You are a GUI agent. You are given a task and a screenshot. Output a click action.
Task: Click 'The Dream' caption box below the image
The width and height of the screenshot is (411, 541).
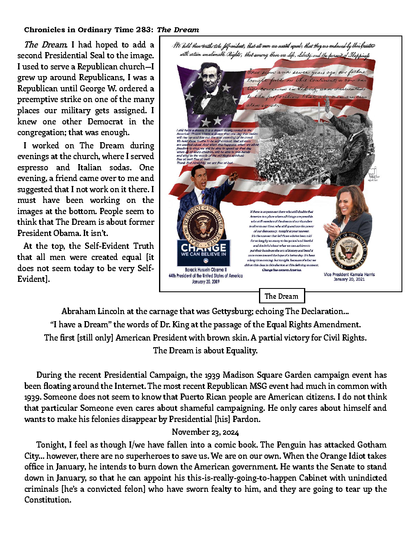click(281, 296)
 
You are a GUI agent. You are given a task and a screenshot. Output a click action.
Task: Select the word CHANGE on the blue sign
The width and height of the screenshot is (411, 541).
click(203, 247)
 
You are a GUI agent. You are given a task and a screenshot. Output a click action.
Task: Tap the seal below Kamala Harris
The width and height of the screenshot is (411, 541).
click(349, 251)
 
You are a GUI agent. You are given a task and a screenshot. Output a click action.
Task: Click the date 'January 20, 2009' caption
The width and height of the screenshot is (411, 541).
click(206, 281)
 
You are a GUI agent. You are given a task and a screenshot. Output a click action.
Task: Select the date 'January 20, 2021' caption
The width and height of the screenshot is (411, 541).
click(349, 279)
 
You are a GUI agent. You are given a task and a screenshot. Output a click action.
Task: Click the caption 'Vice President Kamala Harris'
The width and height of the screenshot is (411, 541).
click(349, 274)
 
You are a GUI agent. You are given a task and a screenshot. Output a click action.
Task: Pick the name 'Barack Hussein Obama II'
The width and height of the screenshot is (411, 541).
click(205, 269)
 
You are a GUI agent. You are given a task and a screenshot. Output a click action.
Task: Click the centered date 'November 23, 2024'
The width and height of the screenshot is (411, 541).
click(205, 432)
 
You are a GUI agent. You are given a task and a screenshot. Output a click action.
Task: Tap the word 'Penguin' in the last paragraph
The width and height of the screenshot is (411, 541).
click(292, 445)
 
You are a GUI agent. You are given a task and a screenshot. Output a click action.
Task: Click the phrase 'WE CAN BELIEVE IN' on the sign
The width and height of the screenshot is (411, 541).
click(203, 254)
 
